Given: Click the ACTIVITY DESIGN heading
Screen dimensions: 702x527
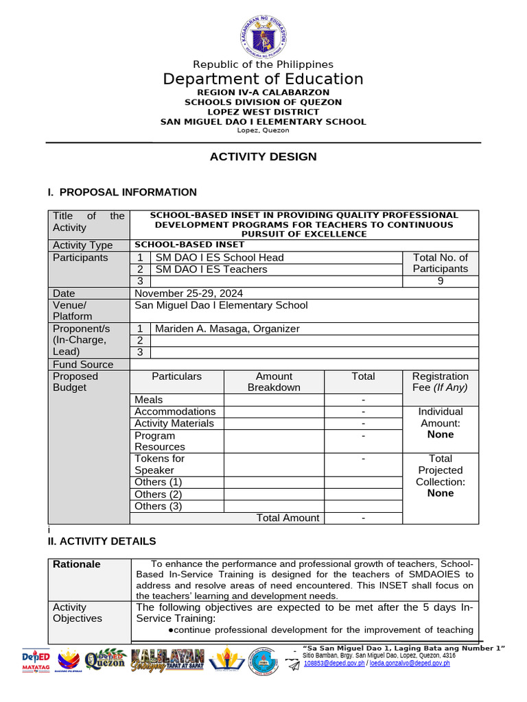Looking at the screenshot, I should pos(263,157).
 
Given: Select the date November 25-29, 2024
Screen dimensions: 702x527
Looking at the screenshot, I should pos(188,293).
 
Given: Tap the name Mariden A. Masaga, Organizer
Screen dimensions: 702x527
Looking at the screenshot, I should pos(227,328).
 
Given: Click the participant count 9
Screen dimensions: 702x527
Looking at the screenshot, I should pos(440,281).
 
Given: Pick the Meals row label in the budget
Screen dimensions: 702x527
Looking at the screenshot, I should pos(149,400).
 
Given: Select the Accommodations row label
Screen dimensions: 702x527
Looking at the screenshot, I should pos(175,411).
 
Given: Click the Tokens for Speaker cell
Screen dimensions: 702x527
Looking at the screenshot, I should pos(159,464).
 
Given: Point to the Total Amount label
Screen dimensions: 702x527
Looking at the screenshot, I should pos(288,518).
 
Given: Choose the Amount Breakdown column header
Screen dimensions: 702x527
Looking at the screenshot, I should pos(274,382).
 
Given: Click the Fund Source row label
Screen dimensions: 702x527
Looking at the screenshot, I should pos(83,365).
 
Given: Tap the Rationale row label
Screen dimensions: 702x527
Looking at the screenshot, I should pos(77,564).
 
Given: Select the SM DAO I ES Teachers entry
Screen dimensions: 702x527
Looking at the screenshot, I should pos(211,269).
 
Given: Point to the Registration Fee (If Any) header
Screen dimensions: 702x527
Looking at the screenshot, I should pos(440,382).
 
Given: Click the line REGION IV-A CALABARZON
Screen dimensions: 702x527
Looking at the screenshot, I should pos(263,93).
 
